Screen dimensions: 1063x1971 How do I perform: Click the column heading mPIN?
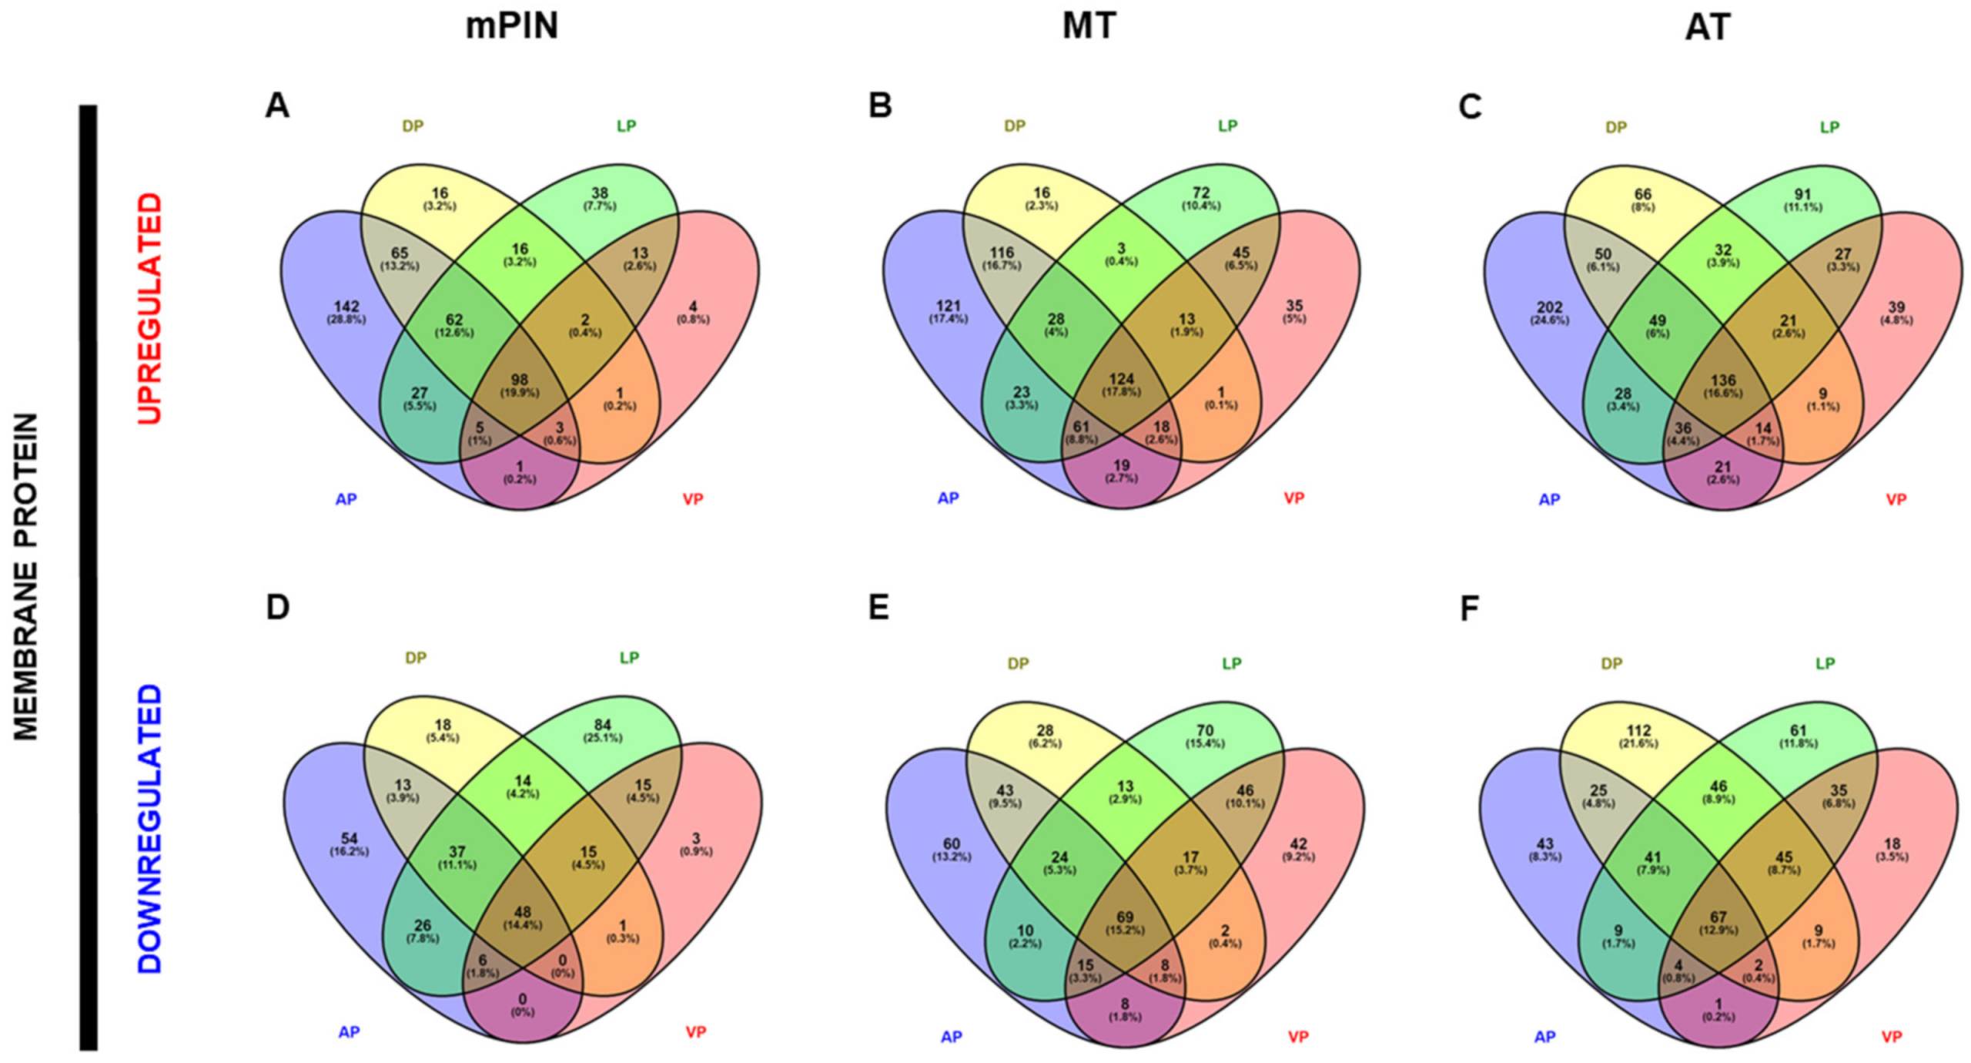coord(511,26)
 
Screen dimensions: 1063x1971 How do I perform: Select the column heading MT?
coord(1089,26)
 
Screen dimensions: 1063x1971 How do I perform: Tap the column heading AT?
coord(1708,28)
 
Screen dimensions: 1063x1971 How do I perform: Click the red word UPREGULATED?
coord(150,308)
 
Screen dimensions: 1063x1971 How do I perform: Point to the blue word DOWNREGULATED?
coord(150,828)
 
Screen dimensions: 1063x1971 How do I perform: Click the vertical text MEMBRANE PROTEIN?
coord(27,578)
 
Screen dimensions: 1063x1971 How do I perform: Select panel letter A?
coord(277,106)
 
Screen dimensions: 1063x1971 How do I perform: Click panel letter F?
coord(1469,609)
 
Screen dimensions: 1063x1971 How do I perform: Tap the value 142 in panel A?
coord(346,307)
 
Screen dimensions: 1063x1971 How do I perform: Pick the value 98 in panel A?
coord(520,380)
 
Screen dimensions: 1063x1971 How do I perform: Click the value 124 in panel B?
coord(1122,379)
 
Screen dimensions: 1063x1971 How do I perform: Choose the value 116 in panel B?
coord(1002,252)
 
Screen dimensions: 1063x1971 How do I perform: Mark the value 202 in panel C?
coord(1549,307)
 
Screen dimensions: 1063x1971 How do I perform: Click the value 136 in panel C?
coord(1723,380)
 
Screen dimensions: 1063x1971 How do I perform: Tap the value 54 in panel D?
coord(349,839)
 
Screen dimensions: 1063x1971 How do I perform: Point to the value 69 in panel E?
coord(1125,917)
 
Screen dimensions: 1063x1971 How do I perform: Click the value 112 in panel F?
coord(1638,730)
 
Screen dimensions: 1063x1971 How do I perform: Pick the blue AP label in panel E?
coord(951,1037)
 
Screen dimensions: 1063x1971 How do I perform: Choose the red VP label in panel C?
coord(1896,499)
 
